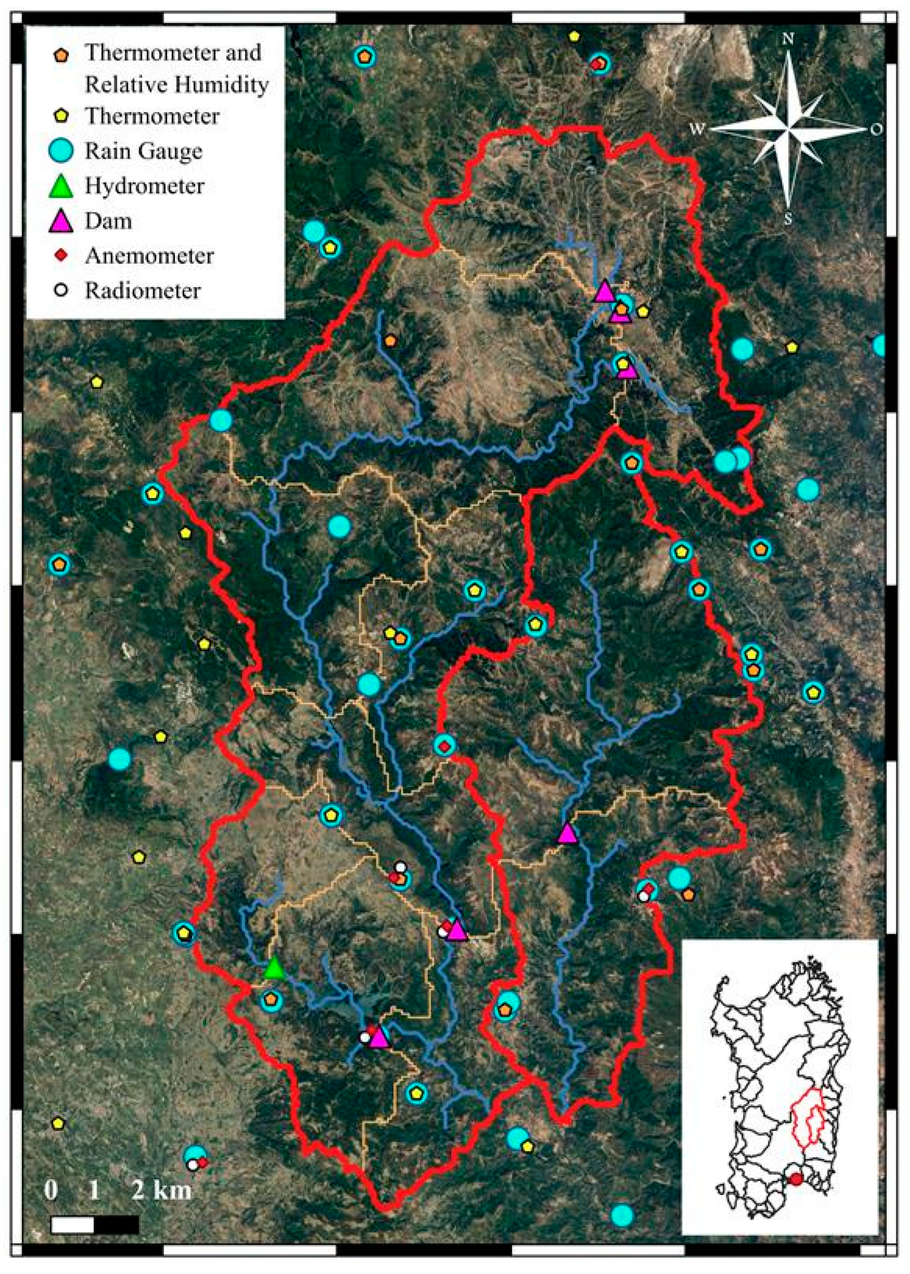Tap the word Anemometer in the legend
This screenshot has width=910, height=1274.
click(149, 256)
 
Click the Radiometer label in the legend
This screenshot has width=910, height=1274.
click(142, 291)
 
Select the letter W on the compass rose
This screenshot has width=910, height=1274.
click(696, 129)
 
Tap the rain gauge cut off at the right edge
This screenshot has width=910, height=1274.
click(880, 345)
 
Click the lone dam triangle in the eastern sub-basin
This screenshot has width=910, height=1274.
click(568, 833)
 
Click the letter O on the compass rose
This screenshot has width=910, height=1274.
click(876, 129)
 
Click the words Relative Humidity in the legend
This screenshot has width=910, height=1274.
click(176, 85)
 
